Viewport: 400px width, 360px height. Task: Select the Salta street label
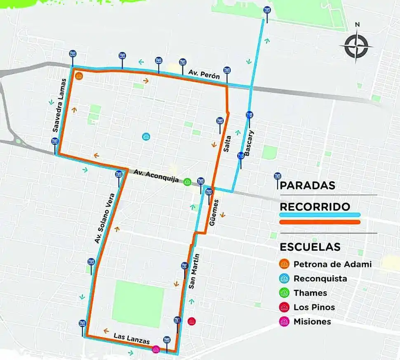point(227,145)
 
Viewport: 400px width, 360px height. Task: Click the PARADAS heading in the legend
point(307,186)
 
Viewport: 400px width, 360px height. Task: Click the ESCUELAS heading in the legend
point(310,247)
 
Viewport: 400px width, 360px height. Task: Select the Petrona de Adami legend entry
point(332,264)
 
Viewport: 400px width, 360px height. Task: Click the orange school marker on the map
point(79,76)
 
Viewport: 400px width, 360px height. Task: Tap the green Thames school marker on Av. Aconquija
point(187,182)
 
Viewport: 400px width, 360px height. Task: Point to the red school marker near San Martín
point(191,321)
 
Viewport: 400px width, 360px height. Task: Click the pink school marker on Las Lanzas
point(156,349)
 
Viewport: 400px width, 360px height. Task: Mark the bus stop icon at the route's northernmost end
point(267,10)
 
